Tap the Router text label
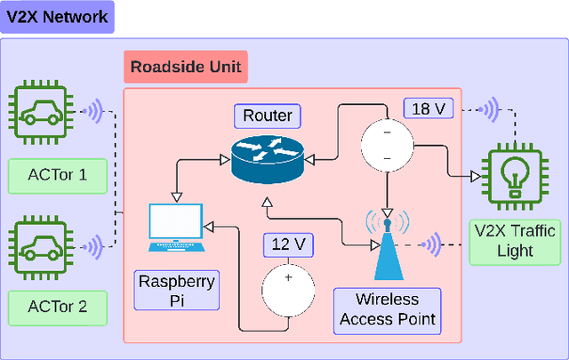tap(266, 116)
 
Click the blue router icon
tap(267, 158)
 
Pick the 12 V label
tap(286, 244)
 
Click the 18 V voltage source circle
tap(386, 142)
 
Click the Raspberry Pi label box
tap(175, 292)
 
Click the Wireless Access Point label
tap(386, 309)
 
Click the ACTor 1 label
tap(58, 174)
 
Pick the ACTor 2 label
tap(58, 307)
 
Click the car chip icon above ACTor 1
tap(42, 114)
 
